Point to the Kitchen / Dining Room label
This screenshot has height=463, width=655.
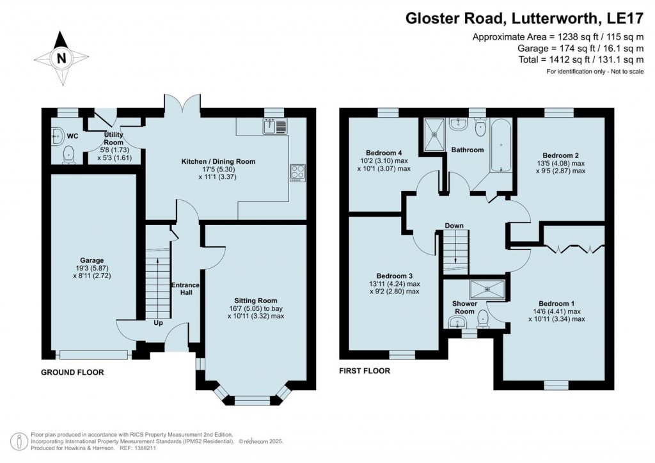pos(218,162)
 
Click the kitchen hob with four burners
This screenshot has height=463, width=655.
pos(298,172)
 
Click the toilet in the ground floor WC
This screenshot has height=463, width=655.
pos(68,153)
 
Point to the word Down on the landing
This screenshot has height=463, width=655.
pos(454,226)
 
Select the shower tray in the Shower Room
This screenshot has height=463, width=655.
pos(487,290)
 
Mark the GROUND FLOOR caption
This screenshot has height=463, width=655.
pos(72,372)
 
